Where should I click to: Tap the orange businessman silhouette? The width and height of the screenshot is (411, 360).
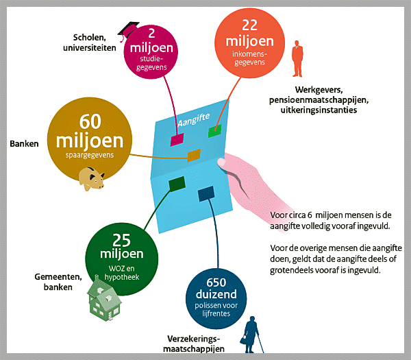pyautogui.click(x=297, y=60)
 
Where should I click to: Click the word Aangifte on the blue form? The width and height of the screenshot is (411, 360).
pyautogui.click(x=192, y=119)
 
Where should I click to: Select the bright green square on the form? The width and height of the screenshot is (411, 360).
pyautogui.click(x=216, y=131)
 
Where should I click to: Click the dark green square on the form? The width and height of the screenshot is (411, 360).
pyautogui.click(x=177, y=183)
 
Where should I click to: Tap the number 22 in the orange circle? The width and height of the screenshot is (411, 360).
pyautogui.click(x=250, y=24)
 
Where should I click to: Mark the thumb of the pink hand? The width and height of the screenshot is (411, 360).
pyautogui.click(x=221, y=163)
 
